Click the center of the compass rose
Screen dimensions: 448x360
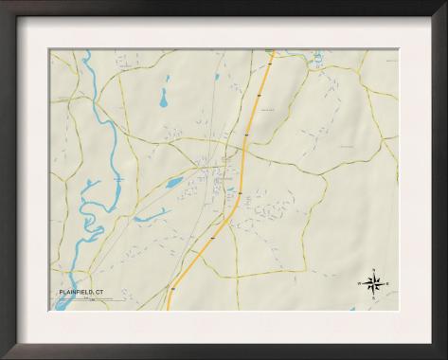(373, 282)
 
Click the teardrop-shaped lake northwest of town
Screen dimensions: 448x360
(163, 97)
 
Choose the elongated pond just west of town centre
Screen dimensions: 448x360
(176, 182)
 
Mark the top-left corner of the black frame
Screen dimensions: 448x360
(3, 3)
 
